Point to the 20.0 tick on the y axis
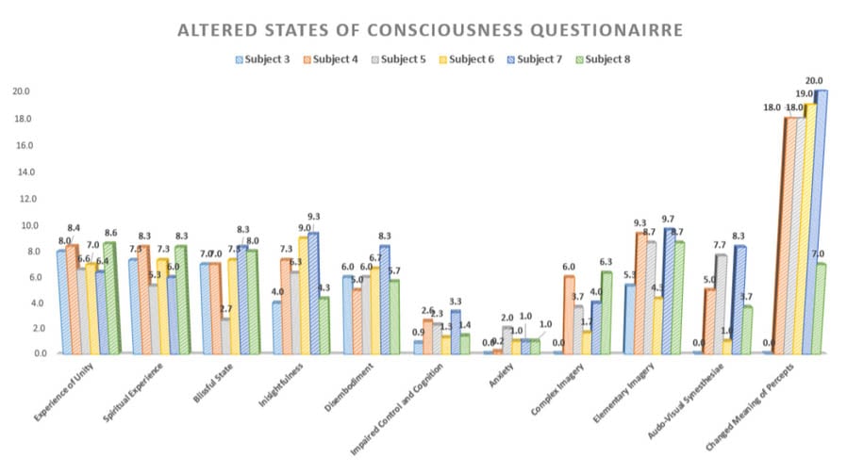pyautogui.click(x=20, y=92)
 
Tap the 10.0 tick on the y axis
pyautogui.click(x=20, y=226)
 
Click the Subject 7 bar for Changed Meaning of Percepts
pyautogui.click(x=822, y=221)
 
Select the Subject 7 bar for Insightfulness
pyautogui.click(x=313, y=293)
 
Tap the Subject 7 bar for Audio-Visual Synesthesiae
pyautogui.click(x=739, y=300)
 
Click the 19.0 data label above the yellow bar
pyautogui.click(x=805, y=94)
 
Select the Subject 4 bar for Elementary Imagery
pyautogui.click(x=640, y=293)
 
